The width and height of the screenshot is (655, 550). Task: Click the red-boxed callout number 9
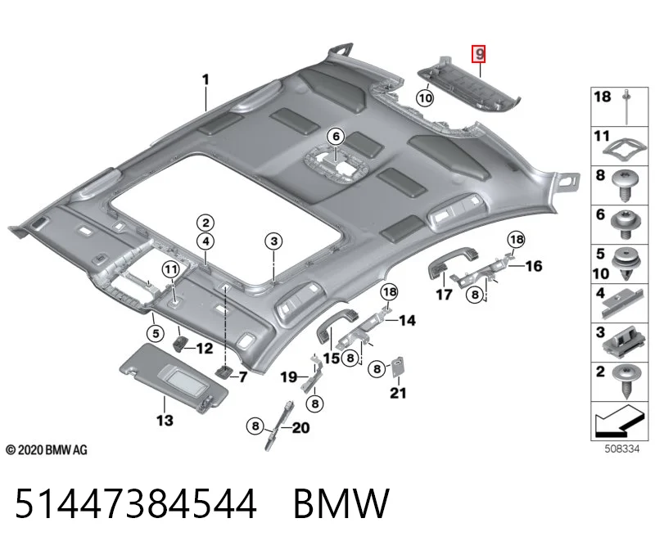(x=479, y=53)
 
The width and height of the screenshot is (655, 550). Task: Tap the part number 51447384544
(x=136, y=503)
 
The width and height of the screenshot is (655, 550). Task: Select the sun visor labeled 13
(x=174, y=377)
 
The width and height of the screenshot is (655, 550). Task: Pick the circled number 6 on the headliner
(x=336, y=136)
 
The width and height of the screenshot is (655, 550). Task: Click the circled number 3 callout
(x=273, y=241)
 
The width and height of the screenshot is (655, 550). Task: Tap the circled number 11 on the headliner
(x=171, y=269)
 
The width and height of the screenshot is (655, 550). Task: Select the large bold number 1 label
(x=206, y=79)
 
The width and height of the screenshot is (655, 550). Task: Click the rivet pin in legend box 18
(x=626, y=106)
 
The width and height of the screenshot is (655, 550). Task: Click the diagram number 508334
(x=622, y=449)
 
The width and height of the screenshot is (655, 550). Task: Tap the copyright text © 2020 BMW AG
(x=47, y=450)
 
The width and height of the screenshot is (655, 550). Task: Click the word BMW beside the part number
(x=341, y=503)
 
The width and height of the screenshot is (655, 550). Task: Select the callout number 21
(x=398, y=393)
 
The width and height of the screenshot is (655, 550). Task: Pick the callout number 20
(x=300, y=427)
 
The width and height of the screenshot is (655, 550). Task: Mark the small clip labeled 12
(x=180, y=345)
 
